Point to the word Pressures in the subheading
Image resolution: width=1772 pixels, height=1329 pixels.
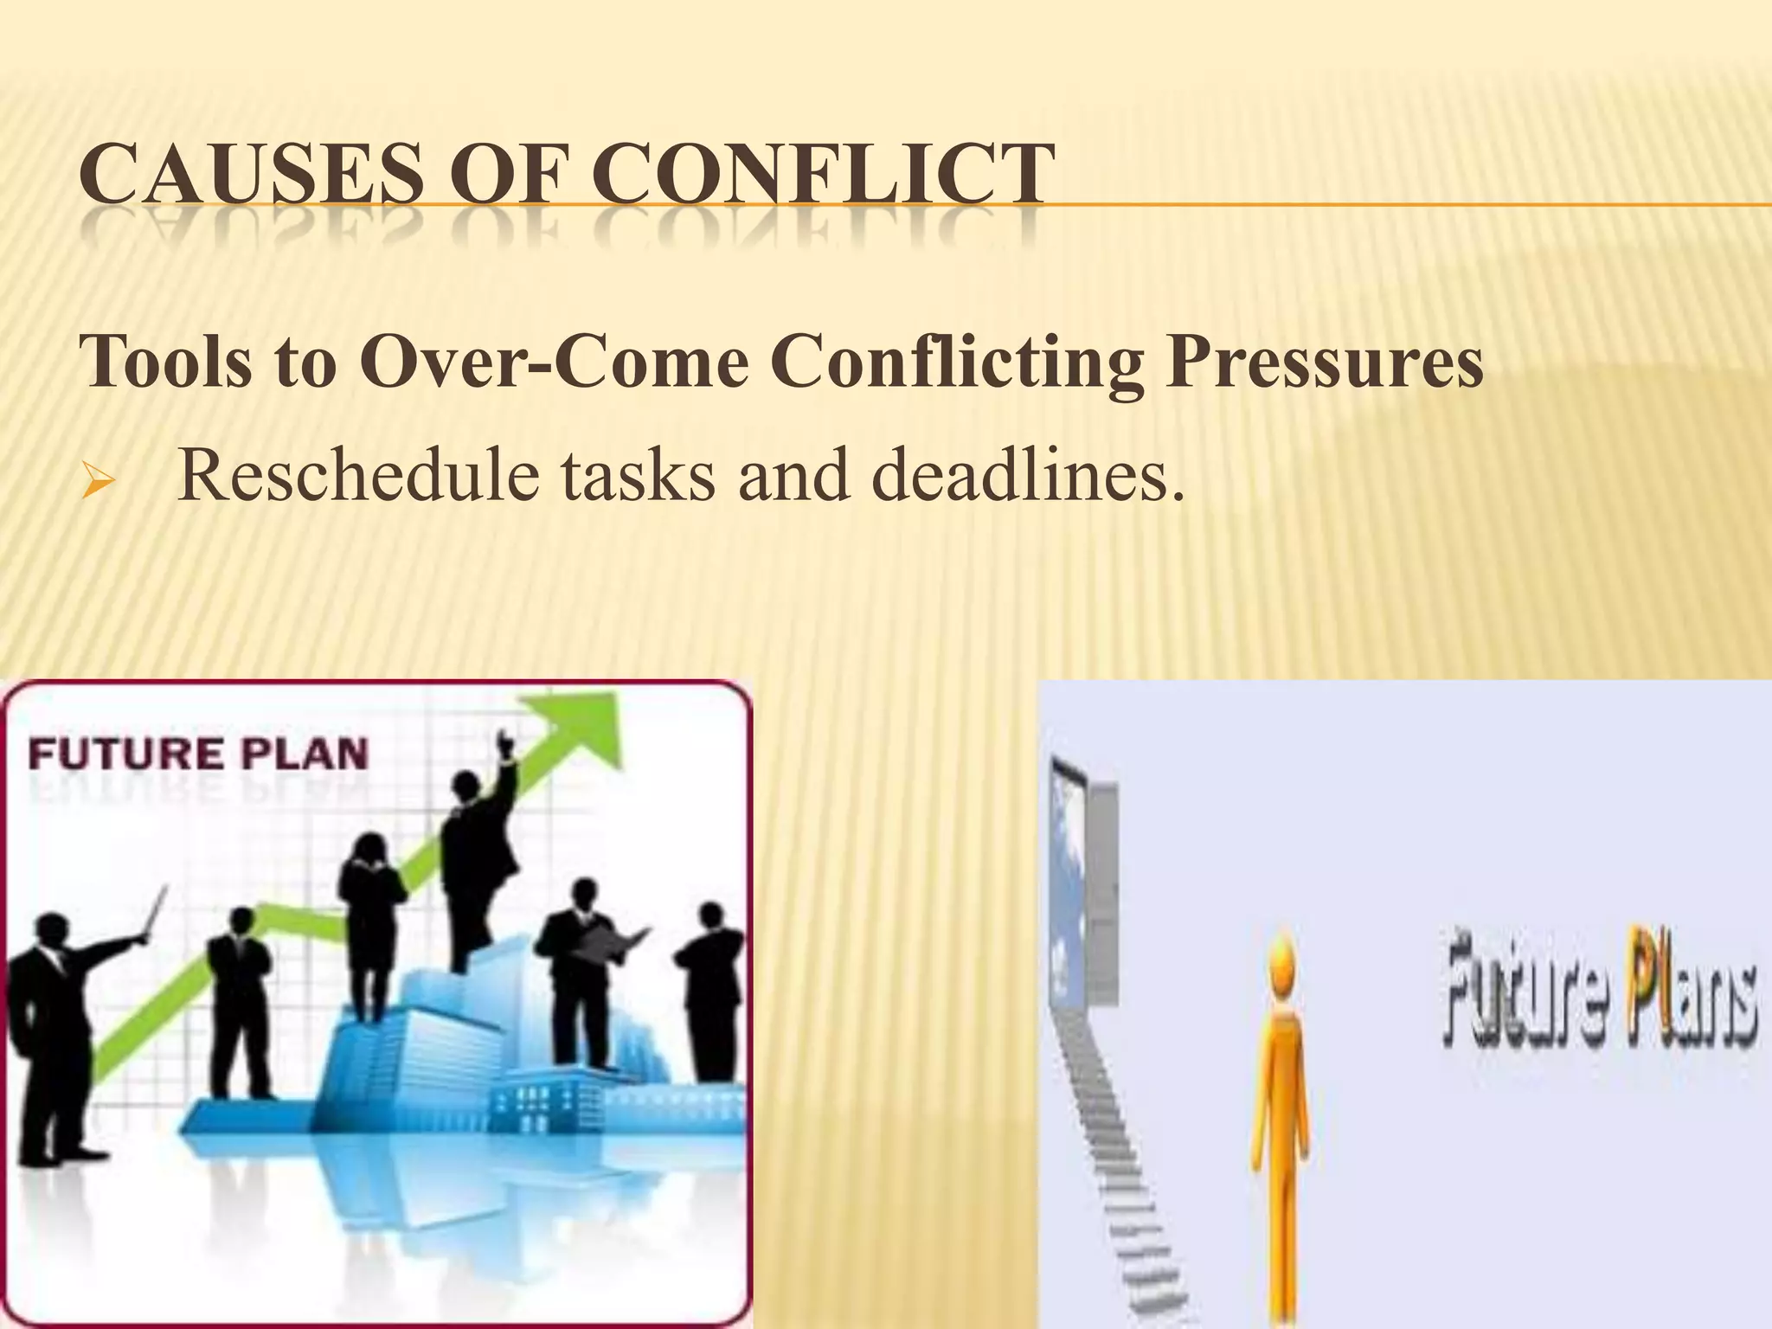coord(1324,362)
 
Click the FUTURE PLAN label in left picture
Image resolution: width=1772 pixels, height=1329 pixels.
coord(198,754)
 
